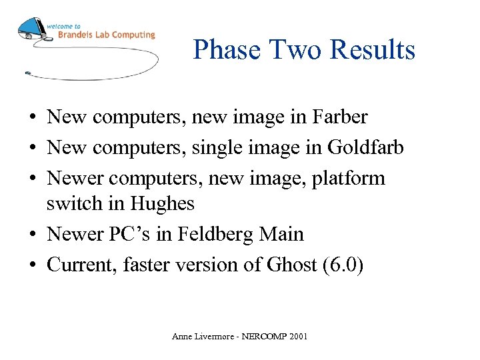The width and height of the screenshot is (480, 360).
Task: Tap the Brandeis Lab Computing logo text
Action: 105,34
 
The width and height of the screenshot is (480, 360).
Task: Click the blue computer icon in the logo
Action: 31,30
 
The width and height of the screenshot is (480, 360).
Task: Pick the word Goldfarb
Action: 365,147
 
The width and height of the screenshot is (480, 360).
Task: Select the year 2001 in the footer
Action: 298,337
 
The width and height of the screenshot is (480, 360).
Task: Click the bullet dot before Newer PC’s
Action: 32,235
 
